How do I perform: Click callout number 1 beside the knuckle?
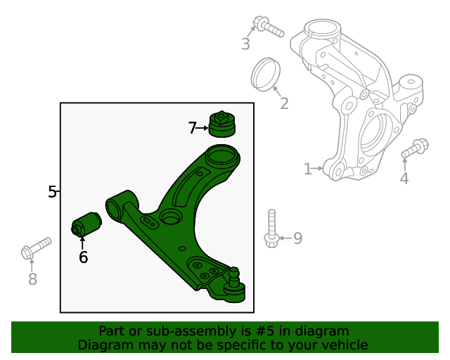(307, 169)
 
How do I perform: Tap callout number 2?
(284, 103)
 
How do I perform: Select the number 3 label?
(245, 44)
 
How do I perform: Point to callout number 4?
(404, 179)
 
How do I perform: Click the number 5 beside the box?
(52, 191)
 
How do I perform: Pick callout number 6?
(83, 257)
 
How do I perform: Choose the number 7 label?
(193, 128)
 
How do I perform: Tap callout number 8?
(32, 279)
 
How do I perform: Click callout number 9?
(297, 238)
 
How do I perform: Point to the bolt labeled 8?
(36, 247)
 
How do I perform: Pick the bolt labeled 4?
(416, 148)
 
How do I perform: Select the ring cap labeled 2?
(266, 75)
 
